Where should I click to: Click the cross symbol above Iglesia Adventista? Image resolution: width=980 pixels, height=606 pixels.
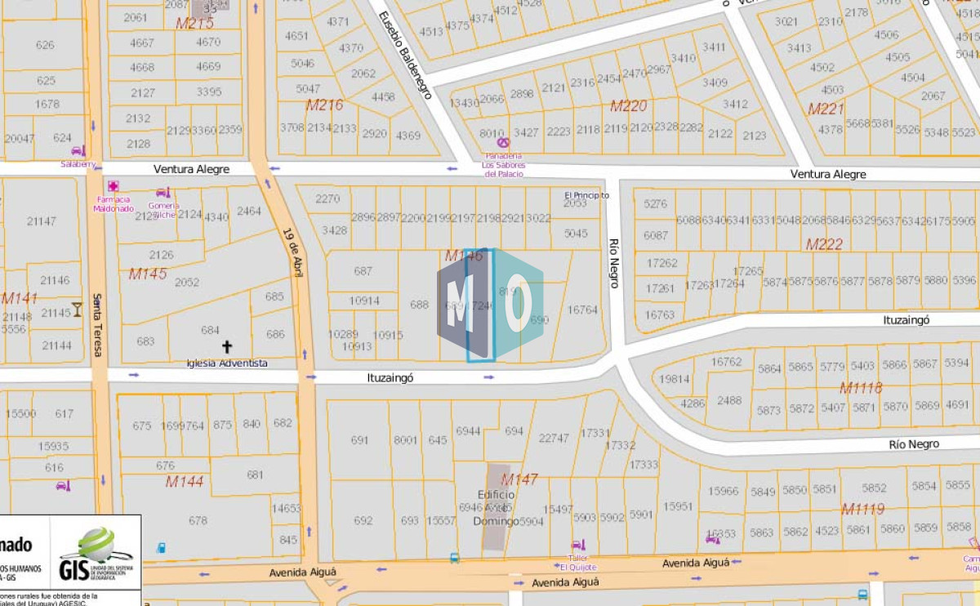227,347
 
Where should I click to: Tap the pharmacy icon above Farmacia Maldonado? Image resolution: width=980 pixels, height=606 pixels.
113,186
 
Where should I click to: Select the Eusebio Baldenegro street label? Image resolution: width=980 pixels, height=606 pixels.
405,56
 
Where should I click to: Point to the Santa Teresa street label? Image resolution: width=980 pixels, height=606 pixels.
97,325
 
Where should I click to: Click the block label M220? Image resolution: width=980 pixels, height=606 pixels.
628,105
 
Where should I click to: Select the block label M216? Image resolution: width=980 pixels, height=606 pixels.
324,105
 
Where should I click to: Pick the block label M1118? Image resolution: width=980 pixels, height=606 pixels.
861,388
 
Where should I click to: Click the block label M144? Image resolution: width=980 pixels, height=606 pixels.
185,482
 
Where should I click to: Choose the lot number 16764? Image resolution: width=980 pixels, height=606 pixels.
582,310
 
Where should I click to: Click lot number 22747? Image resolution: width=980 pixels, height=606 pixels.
554,439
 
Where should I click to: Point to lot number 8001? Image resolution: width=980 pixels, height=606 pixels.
405,440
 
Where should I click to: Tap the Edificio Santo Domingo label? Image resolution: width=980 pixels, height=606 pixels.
497,507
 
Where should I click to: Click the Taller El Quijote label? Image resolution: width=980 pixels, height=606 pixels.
578,562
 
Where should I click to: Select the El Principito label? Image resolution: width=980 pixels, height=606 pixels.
586,195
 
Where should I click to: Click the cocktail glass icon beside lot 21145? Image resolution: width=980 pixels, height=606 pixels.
77,309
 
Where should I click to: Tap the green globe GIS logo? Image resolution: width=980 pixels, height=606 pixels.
97,545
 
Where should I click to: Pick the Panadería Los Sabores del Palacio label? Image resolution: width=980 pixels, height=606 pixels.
503,164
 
